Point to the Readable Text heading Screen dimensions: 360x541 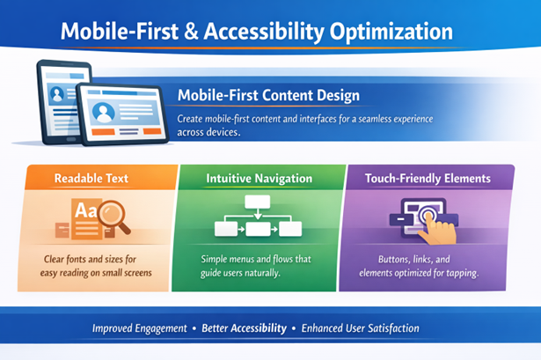pyautogui.click(x=91, y=178)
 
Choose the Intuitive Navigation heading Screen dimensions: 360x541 pyautogui.click(x=259, y=178)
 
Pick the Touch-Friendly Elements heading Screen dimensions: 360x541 pyautogui.click(x=428, y=178)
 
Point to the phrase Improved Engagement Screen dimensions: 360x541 pyautogui.click(x=140, y=328)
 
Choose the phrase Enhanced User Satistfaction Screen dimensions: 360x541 pyautogui.click(x=360, y=328)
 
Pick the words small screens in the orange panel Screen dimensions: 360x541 pyautogui.click(x=122, y=273)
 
